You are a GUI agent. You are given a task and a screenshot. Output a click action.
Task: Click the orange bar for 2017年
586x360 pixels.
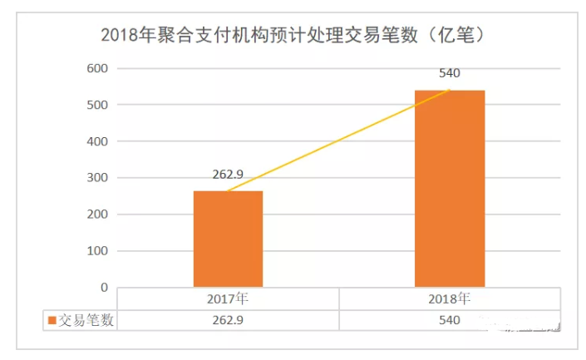pos(228,239)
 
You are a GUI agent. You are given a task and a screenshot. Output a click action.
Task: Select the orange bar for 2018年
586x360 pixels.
pos(449,189)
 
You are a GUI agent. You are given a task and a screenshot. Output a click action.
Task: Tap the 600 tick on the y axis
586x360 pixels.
pos(98,68)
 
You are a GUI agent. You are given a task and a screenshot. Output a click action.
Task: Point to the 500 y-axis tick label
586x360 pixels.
pos(98,105)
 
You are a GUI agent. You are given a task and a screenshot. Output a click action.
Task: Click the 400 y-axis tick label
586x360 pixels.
pos(98,141)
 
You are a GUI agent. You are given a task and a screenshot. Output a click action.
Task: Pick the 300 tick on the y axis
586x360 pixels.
pos(98,178)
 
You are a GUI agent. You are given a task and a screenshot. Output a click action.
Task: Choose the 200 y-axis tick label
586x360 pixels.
pos(98,215)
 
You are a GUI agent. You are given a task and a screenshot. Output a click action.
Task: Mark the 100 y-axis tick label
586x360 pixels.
pos(98,251)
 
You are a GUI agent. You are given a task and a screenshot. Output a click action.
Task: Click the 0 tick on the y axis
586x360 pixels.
pos(104,288)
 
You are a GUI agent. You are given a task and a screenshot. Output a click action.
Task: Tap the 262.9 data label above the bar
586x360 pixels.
pos(228,175)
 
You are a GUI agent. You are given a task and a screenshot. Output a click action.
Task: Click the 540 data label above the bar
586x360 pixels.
pos(449,73)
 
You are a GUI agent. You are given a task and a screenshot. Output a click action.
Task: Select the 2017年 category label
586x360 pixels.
pos(228,298)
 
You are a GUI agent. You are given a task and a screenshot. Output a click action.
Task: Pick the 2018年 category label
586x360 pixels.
pos(449,298)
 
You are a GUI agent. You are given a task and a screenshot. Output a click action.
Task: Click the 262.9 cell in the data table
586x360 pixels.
pos(228,320)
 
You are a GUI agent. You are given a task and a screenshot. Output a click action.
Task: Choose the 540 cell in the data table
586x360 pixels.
pos(449,320)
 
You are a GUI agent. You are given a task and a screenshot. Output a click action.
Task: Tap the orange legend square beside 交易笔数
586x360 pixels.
pos(52,320)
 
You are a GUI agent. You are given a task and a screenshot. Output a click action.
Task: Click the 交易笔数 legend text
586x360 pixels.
pos(86,320)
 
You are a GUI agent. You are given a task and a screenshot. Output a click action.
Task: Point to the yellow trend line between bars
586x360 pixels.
pos(338,141)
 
